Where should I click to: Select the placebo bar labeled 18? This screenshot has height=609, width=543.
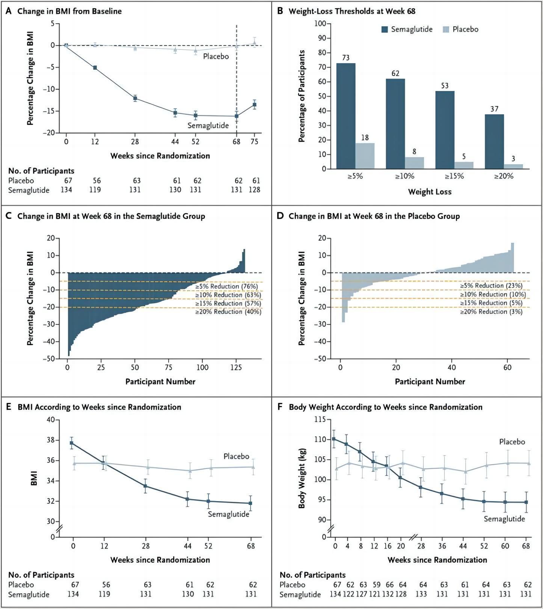[x=365, y=156]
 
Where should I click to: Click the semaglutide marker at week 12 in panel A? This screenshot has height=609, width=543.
[x=95, y=68]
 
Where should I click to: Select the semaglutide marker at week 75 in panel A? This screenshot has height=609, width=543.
[x=255, y=105]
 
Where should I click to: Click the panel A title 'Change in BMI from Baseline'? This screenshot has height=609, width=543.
[x=69, y=11]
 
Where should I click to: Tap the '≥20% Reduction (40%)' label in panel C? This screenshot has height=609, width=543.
[x=228, y=312]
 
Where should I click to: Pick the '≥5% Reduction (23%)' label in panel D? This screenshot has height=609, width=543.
[x=491, y=286]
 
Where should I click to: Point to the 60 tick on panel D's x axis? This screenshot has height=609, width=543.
[x=507, y=367]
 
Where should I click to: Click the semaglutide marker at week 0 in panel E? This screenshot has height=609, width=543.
[x=72, y=443]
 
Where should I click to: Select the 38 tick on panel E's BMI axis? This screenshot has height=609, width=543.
[x=50, y=440]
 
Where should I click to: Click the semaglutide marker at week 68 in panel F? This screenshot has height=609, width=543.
[x=526, y=502]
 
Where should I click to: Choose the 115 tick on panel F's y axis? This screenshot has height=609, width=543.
[x=321, y=419]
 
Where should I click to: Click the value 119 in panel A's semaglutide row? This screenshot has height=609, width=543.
[x=95, y=190]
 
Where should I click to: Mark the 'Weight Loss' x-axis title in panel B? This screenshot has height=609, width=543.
[x=430, y=192]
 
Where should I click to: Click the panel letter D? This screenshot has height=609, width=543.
[x=280, y=216]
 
